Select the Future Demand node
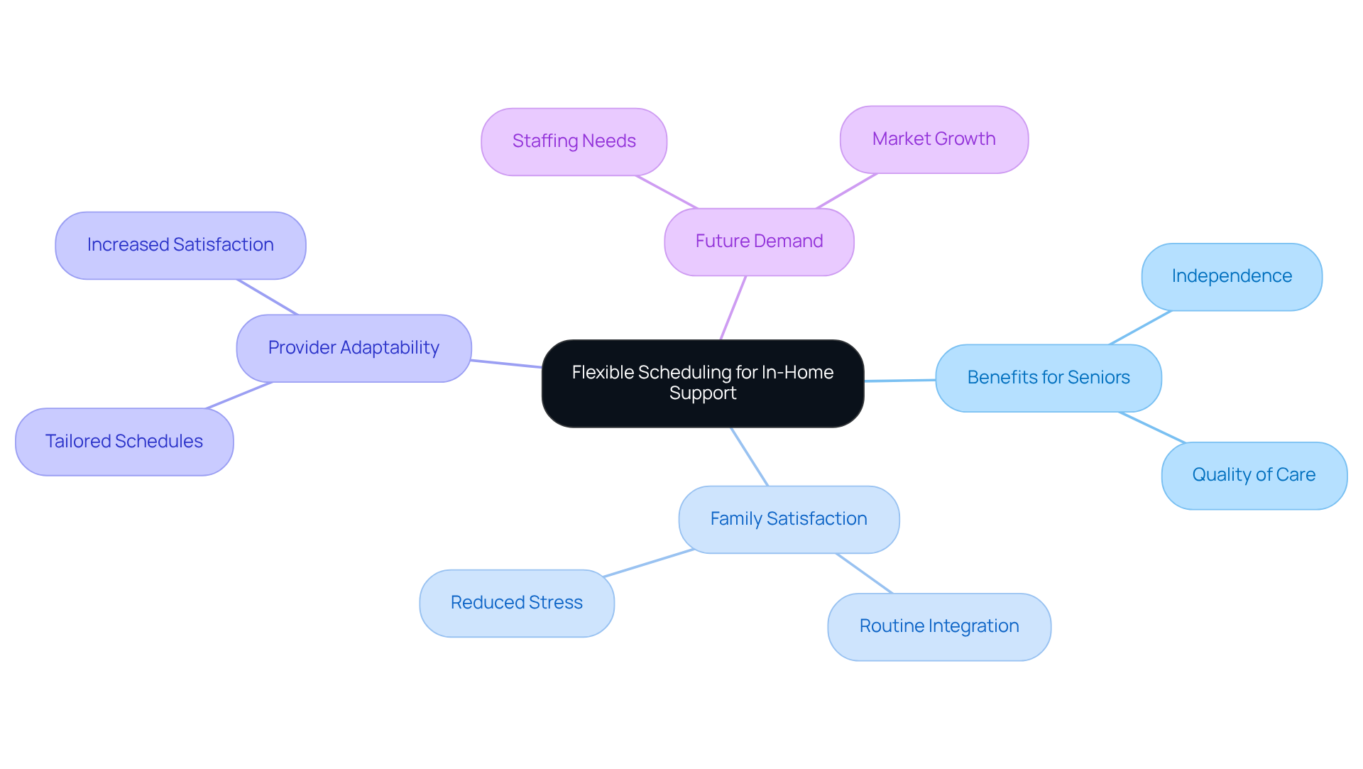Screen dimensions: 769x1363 coord(759,241)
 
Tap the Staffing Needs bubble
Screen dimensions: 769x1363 coord(574,141)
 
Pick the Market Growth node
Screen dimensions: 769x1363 coord(934,139)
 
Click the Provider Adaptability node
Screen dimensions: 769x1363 coord(354,348)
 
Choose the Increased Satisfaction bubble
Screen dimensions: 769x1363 coord(180,245)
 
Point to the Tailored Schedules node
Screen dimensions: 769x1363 coord(124,442)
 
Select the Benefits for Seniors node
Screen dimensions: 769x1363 coord(1048,378)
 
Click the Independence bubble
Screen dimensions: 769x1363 coord(1231,276)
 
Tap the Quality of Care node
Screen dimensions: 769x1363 coord(1254,475)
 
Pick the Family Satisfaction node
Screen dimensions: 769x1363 coord(788,519)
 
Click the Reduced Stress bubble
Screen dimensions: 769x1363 coord(516,603)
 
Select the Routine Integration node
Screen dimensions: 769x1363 coord(938,626)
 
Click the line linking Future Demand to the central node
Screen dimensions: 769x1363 coord(733,307)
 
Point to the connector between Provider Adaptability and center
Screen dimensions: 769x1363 coord(506,364)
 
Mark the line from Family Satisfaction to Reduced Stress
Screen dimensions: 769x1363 coord(647,563)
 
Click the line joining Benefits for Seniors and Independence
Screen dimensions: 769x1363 coord(1140,327)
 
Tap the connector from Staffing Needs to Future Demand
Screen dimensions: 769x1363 coord(667,192)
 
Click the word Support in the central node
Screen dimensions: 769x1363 coord(702,393)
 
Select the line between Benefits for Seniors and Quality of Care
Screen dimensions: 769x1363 coord(1151,427)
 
